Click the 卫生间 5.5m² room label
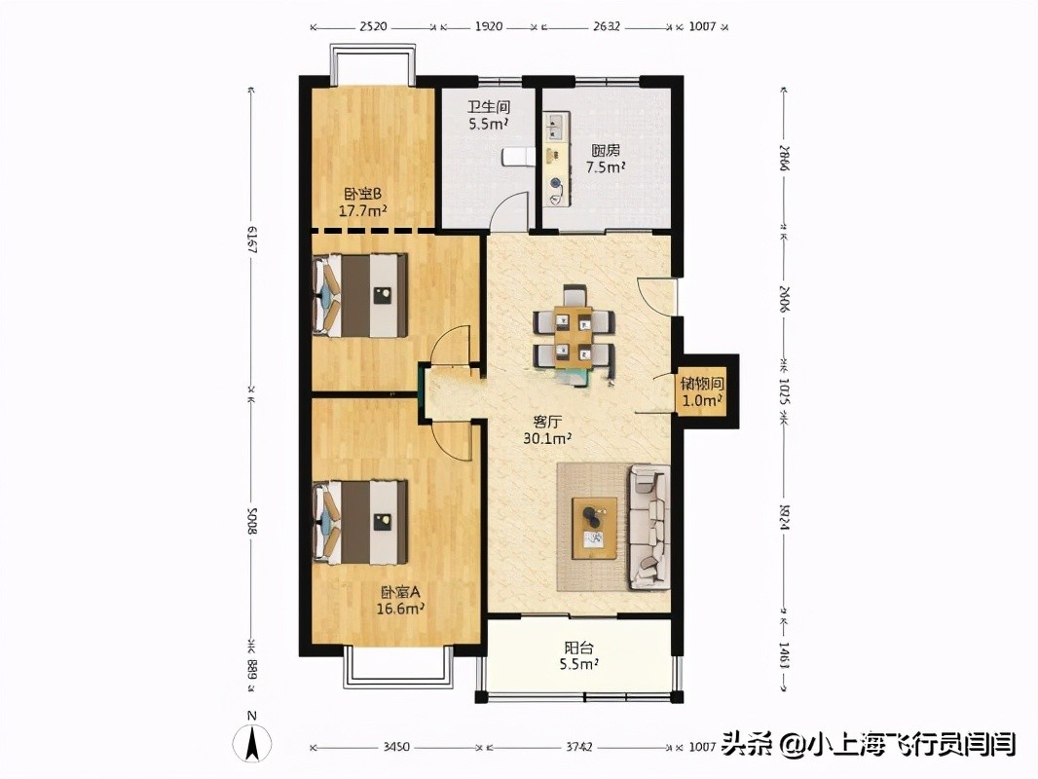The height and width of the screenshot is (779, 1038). click(488, 116)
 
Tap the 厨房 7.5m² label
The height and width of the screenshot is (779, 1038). click(605, 159)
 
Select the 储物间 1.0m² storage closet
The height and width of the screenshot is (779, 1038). click(701, 391)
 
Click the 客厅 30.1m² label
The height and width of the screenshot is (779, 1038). click(546, 429)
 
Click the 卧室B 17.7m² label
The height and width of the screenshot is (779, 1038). click(362, 202)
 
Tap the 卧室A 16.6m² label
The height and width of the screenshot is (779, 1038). click(400, 600)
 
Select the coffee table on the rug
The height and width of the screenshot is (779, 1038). click(594, 527)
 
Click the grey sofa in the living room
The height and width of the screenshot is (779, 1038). click(649, 526)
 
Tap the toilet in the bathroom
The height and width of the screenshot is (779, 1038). click(515, 156)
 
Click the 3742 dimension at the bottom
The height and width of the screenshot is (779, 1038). click(578, 748)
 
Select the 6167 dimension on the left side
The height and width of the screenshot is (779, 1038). click(251, 240)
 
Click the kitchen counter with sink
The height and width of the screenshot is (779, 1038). click(555, 161)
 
